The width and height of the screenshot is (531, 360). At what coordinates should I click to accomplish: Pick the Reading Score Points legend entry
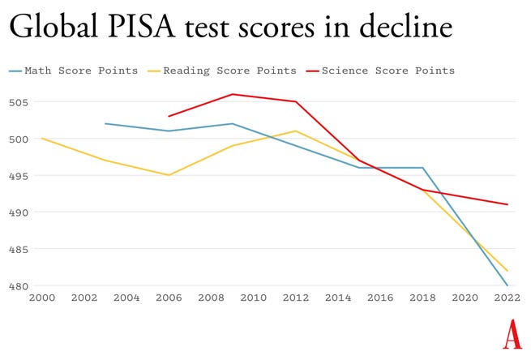coord(223,71)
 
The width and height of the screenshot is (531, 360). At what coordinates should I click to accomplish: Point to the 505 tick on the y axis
coord(21,102)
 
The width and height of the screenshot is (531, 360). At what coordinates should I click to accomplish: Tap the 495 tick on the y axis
coord(21,176)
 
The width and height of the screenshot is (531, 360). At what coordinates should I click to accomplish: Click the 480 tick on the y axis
coord(21,285)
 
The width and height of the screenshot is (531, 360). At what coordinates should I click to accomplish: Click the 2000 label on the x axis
coord(41,298)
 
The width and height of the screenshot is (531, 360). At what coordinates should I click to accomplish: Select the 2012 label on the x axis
coord(295,298)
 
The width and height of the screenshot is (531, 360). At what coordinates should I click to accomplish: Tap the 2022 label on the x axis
coord(507,298)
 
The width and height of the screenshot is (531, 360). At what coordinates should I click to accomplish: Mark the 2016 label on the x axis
coord(380,298)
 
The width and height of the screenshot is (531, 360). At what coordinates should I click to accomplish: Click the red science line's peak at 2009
coord(233,94)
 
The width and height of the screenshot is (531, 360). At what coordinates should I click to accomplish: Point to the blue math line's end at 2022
coord(507,285)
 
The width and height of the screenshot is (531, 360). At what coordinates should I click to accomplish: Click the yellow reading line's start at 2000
coord(41,139)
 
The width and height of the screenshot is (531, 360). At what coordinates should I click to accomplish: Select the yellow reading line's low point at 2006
coord(169,175)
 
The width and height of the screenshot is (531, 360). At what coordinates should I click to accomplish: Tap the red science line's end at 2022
coord(507,204)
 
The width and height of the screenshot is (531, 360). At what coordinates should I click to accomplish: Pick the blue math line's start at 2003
coord(105,124)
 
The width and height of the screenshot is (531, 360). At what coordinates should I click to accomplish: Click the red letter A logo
coord(512,334)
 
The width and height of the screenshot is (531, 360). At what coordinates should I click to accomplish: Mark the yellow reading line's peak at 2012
coord(296,131)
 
